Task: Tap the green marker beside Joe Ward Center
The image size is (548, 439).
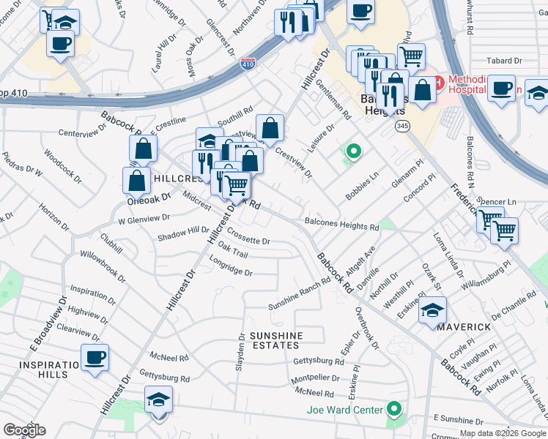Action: click(x=395, y=409)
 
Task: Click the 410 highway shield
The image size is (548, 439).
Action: click(x=248, y=65)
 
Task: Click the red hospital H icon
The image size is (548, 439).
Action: click(x=437, y=83)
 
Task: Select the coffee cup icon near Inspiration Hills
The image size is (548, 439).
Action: click(x=95, y=358)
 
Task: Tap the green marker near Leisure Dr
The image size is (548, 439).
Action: click(x=353, y=152)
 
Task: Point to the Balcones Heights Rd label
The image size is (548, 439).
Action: click(x=341, y=225)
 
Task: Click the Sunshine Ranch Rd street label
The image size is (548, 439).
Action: click(x=300, y=295)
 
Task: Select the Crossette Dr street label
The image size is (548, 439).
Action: click(x=248, y=240)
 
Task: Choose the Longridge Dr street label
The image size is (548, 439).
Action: click(x=231, y=272)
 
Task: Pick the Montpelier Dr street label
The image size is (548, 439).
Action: click(x=315, y=379)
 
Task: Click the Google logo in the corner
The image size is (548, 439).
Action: click(x=24, y=429)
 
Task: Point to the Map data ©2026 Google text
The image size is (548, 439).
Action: click(x=503, y=434)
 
